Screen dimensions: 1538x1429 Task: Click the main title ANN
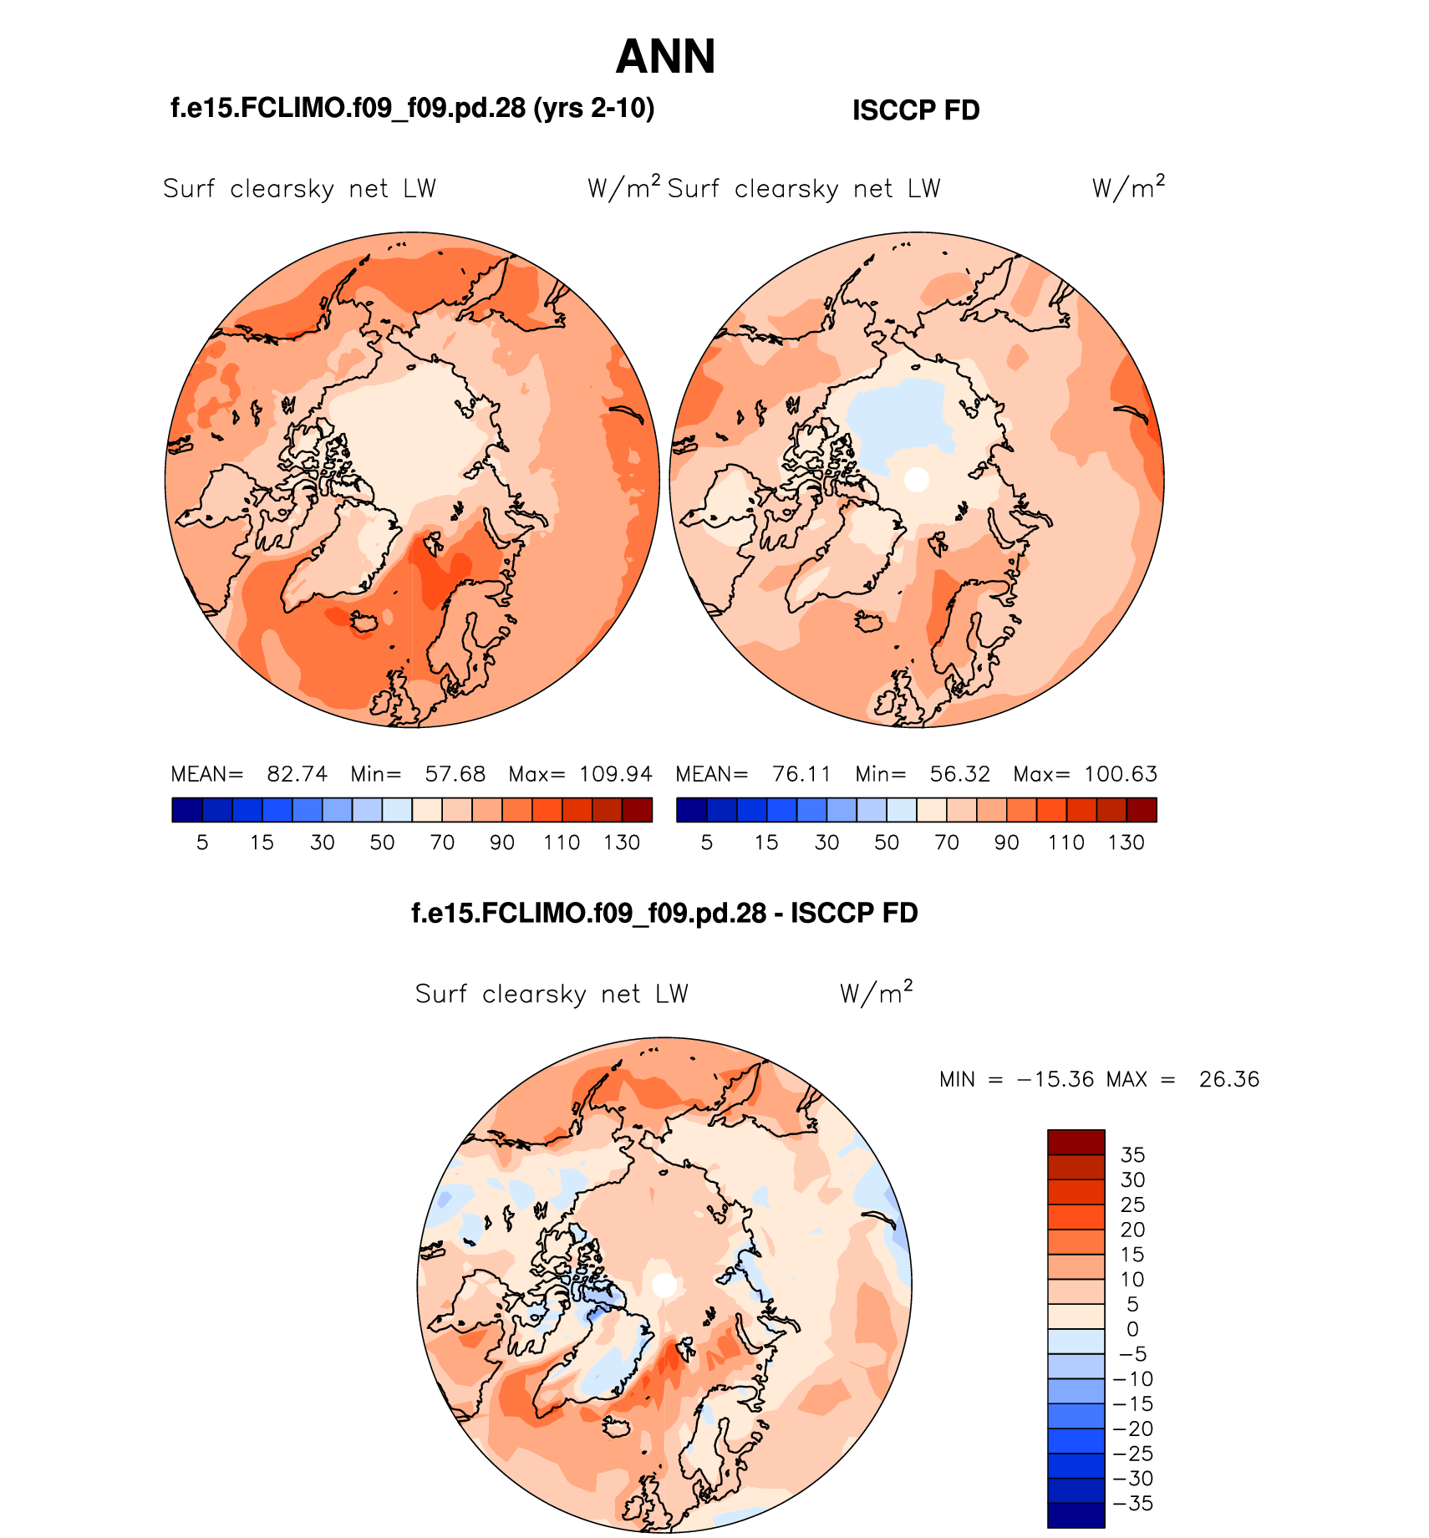[665, 57]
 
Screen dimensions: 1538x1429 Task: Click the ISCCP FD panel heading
[915, 110]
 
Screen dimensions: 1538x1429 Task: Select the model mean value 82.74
[297, 774]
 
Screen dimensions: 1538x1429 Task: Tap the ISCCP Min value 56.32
[959, 774]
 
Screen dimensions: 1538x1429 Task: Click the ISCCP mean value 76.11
[801, 774]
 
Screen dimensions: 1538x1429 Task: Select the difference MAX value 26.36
[1228, 1079]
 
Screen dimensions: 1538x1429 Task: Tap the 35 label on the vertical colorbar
[1132, 1155]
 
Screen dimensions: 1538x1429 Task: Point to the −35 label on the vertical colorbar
[1133, 1504]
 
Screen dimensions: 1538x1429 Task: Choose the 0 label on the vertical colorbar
[1132, 1329]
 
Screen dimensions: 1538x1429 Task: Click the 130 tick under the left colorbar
[622, 843]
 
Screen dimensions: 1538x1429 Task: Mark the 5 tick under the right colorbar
[707, 843]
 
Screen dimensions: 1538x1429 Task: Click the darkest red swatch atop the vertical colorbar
[1076, 1143]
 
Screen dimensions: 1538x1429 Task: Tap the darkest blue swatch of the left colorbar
[187, 810]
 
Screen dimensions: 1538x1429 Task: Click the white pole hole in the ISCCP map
[917, 480]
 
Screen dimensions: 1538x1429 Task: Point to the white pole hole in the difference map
[664, 1285]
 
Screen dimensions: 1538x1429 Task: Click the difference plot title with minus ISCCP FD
[664, 913]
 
